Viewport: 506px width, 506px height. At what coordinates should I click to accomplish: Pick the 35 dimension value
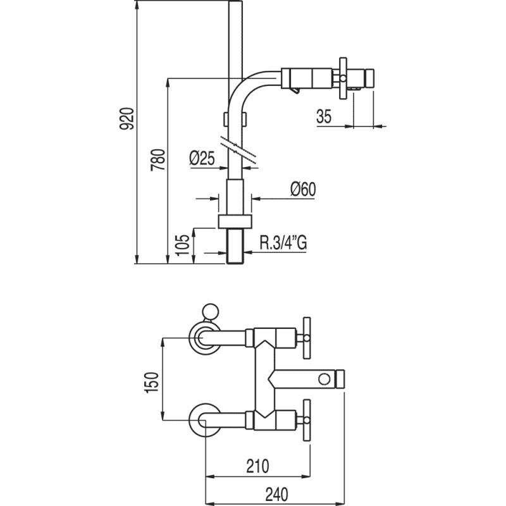tap(324, 116)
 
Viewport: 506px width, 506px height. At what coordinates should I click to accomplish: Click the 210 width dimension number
tap(257, 466)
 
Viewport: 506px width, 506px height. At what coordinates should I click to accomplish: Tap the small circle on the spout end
tap(324, 379)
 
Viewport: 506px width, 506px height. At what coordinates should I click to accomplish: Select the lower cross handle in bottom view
tap(308, 419)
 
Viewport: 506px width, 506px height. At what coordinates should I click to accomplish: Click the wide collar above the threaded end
tap(235, 221)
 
